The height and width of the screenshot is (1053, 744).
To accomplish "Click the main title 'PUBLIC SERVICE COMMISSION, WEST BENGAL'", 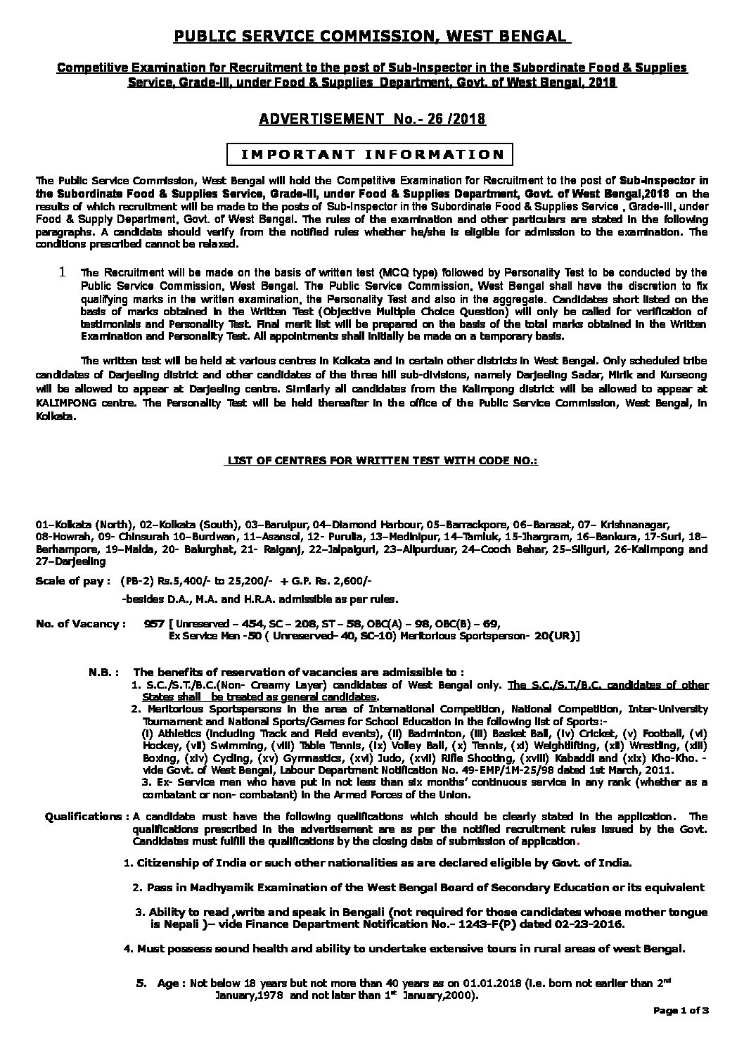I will (x=371, y=36).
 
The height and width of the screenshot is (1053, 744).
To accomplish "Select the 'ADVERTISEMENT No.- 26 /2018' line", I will (x=372, y=120).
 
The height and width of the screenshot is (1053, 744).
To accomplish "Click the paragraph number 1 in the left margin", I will (x=63, y=271).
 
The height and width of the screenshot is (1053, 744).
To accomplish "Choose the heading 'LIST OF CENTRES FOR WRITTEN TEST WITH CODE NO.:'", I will (x=380, y=460).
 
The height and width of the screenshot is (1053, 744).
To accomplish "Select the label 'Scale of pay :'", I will (x=73, y=581).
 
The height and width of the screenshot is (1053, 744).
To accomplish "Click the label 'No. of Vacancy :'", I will (x=81, y=623).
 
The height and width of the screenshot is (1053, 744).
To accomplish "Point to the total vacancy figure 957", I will (x=153, y=623).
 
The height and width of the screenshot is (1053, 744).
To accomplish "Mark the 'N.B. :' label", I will (x=105, y=672).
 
